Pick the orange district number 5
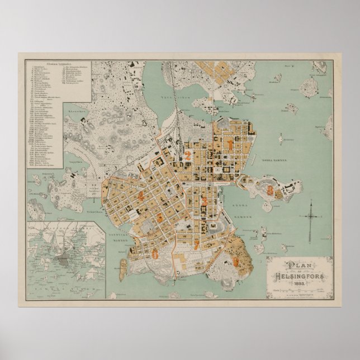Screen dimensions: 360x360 (160, 216)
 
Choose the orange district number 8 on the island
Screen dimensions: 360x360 (271, 190)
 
